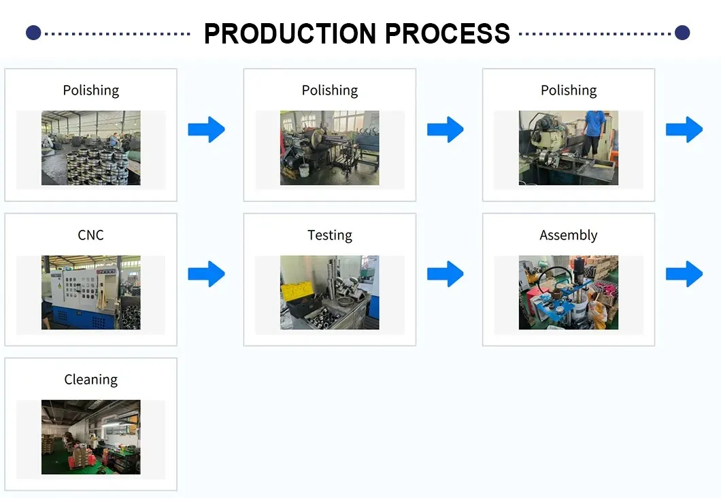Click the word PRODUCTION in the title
(290, 33)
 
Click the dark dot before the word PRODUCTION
(33, 32)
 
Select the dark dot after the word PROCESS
(682, 32)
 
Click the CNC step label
(90, 235)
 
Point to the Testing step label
(330, 235)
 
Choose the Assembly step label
(569, 235)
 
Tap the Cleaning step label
(90, 380)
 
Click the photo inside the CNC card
(90, 293)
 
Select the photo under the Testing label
(330, 293)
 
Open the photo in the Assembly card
(569, 293)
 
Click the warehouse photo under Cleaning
(90, 437)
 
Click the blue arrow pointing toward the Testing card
(206, 273)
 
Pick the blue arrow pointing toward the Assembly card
(446, 273)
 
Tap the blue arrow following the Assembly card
(684, 273)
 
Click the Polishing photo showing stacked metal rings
(90, 148)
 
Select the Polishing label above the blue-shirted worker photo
(569, 90)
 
